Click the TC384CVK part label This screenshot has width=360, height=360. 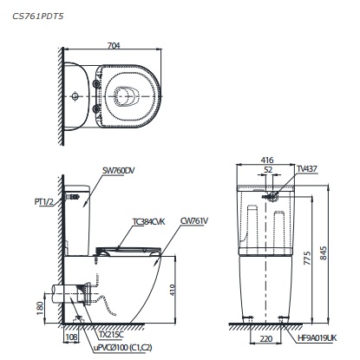pyautogui.click(x=148, y=222)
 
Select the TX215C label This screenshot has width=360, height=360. pyautogui.click(x=111, y=333)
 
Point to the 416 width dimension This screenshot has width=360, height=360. pyautogui.click(x=268, y=160)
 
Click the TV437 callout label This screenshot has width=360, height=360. pyautogui.click(x=306, y=170)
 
